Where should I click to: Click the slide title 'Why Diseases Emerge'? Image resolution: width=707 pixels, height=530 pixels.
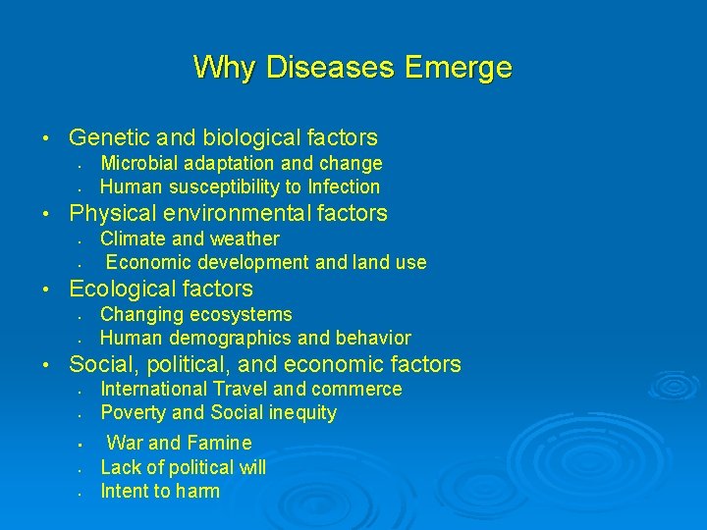pyautogui.click(x=353, y=68)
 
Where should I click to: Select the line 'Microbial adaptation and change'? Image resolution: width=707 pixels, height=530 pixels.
pyautogui.click(x=241, y=163)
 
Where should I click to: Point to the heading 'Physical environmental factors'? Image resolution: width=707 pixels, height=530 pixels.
pyautogui.click(x=228, y=213)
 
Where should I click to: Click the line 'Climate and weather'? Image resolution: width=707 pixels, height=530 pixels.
pyautogui.click(x=190, y=238)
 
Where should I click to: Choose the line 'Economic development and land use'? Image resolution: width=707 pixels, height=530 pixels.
pyautogui.click(x=266, y=262)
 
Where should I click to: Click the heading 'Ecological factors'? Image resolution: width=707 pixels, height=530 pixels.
pyautogui.click(x=160, y=289)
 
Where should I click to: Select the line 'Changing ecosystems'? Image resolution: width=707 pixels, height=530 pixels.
pyautogui.click(x=196, y=314)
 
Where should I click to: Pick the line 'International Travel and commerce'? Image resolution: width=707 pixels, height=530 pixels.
pyautogui.click(x=251, y=389)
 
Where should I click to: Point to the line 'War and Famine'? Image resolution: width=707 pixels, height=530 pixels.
pyautogui.click(x=179, y=443)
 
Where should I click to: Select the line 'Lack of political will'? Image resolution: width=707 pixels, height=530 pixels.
pyautogui.click(x=183, y=467)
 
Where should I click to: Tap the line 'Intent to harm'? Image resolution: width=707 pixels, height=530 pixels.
pyautogui.click(x=160, y=491)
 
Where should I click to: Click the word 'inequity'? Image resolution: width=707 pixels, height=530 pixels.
pyautogui.click(x=300, y=412)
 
